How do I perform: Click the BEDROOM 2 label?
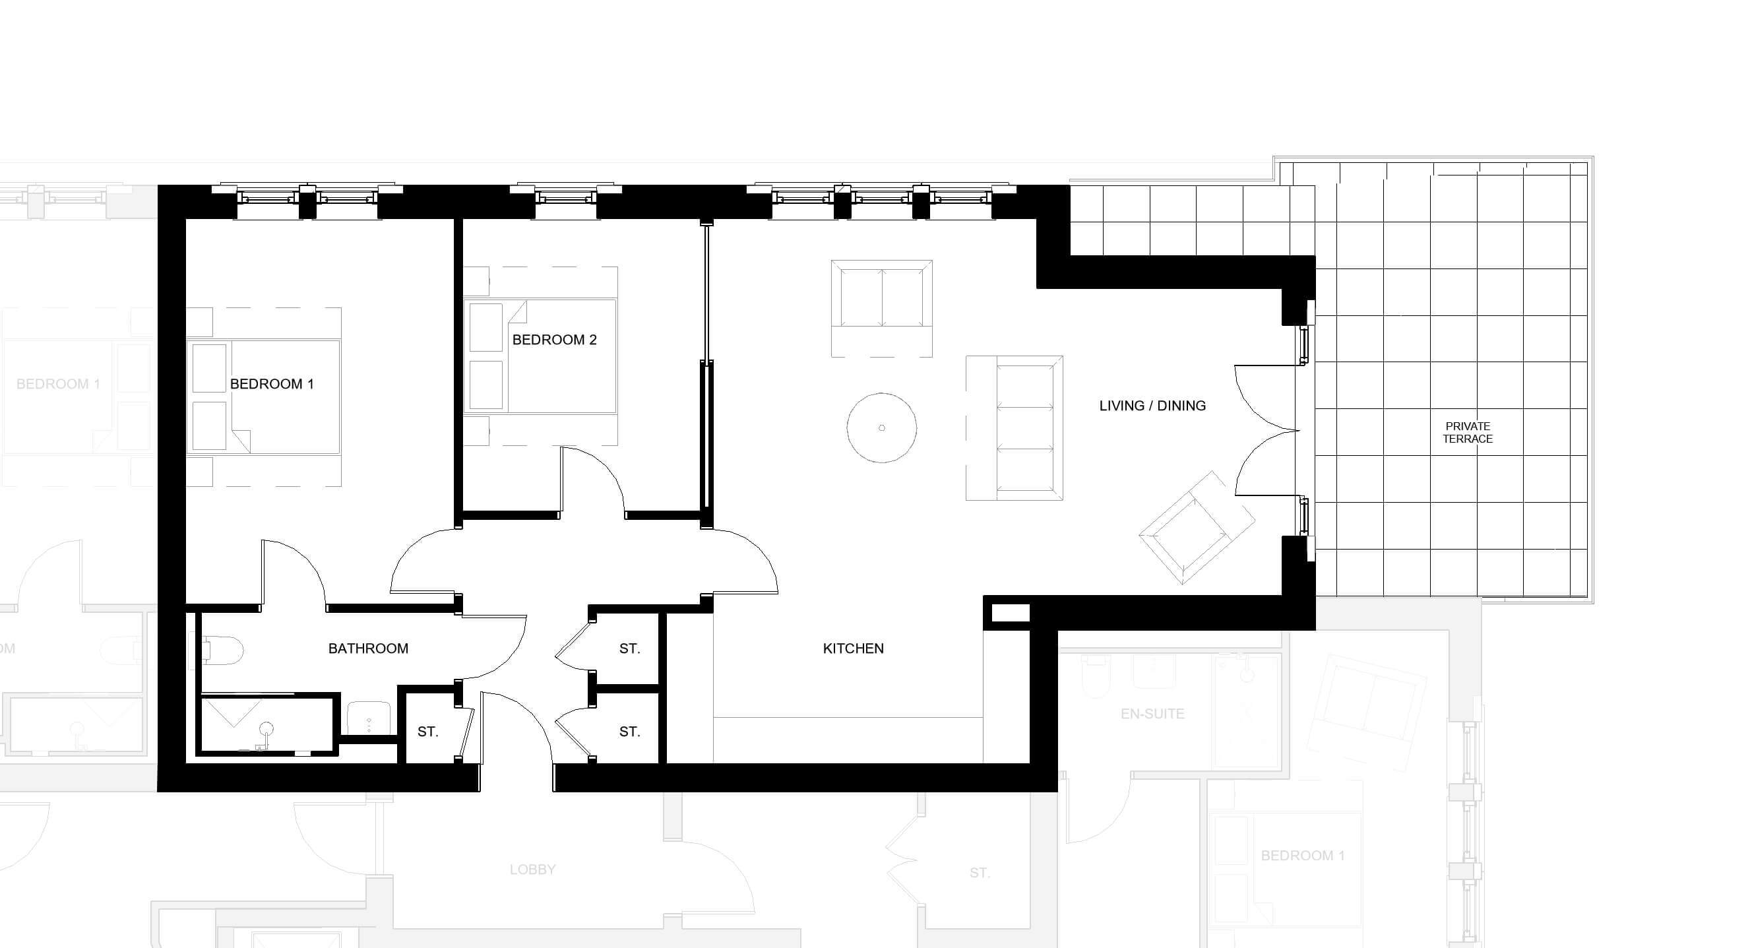[554, 340]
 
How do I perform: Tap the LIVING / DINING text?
[1152, 406]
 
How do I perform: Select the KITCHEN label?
[854, 648]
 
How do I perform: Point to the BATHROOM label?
[368, 648]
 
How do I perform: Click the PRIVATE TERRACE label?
[1468, 432]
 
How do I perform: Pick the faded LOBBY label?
[532, 869]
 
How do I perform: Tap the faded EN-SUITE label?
[1152, 714]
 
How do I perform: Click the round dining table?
[882, 428]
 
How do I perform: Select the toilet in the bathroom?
[222, 649]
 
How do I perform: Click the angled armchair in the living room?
[1197, 527]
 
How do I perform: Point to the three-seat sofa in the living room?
[1015, 428]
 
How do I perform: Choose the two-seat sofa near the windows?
[882, 308]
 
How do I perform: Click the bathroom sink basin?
[369, 718]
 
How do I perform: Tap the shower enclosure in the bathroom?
[267, 724]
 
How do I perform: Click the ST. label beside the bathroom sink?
[428, 732]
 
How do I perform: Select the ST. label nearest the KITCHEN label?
[630, 648]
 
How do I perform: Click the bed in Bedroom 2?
[541, 356]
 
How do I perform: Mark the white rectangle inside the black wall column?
[1011, 613]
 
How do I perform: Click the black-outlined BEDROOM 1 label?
[272, 384]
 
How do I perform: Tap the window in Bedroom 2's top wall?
[566, 198]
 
